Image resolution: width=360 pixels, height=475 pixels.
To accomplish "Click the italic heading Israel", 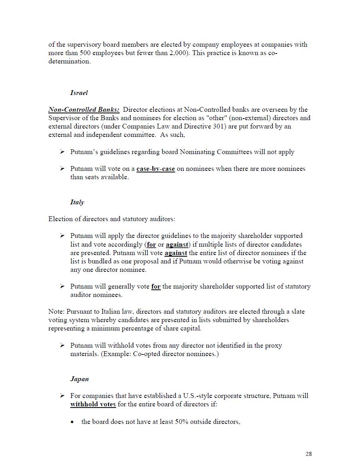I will coord(79,93).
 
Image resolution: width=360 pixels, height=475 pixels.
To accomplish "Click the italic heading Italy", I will coord(77,202).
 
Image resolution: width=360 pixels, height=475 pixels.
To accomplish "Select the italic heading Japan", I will coord(79,379).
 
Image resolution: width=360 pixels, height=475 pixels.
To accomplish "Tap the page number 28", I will coord(309,454).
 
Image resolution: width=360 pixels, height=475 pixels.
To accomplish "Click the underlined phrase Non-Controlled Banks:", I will coord(84,110).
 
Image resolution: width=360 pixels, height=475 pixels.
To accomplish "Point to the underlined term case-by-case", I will coord(156,169).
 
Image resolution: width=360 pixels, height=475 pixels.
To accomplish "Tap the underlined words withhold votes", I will coord(93,404).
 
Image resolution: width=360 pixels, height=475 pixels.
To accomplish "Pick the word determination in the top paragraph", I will coord(69,61).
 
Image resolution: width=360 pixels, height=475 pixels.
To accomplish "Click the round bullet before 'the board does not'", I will coord(72,422).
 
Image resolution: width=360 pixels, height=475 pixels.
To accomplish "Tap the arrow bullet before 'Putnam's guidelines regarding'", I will coord(62,152).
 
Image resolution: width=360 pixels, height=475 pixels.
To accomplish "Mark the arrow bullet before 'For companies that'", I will coord(62,396).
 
